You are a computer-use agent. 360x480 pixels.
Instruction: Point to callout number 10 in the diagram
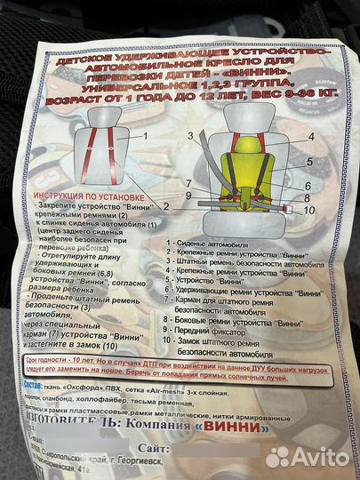point(308,212)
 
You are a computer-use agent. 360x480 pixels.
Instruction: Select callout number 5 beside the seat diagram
point(311,164)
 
